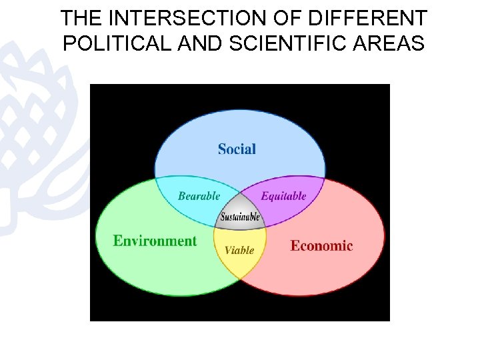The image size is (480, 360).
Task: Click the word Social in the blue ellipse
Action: pos(237,149)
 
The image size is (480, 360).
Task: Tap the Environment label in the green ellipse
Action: pos(155,241)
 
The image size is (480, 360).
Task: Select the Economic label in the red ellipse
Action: pos(321,245)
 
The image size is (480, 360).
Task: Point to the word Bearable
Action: pos(199,196)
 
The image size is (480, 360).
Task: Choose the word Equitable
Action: pos(283,196)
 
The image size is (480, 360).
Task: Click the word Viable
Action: pos(239,250)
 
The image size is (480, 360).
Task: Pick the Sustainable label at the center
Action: pos(240,217)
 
